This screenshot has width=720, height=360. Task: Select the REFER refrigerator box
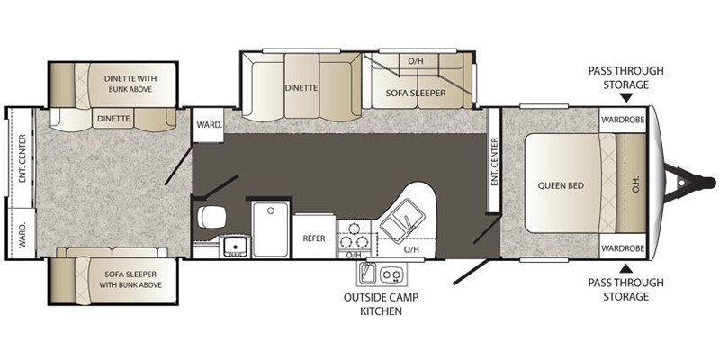point(313,238)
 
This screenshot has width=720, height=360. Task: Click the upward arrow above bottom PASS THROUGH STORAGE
point(626,267)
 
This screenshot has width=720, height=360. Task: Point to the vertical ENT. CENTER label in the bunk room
point(22,157)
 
